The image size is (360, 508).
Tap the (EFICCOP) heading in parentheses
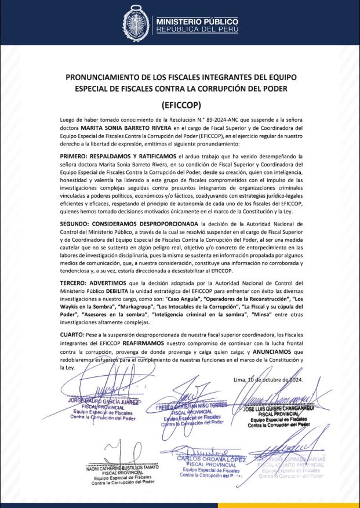tap(180, 106)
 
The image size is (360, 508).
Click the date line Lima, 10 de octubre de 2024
tap(268, 380)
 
